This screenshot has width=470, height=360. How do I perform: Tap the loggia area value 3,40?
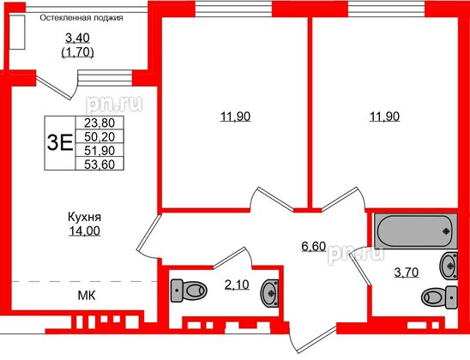pyautogui.click(x=80, y=37)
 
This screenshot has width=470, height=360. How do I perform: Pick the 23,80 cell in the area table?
pyautogui.click(x=100, y=123)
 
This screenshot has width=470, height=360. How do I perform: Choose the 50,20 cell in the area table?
pyautogui.click(x=100, y=135)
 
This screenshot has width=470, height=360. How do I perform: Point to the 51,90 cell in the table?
pyautogui.click(x=100, y=149)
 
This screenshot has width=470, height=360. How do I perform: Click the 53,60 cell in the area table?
pyautogui.click(x=100, y=163)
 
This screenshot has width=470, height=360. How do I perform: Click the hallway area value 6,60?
pyautogui.click(x=313, y=248)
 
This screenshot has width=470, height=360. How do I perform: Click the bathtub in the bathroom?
pyautogui.click(x=413, y=230)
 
